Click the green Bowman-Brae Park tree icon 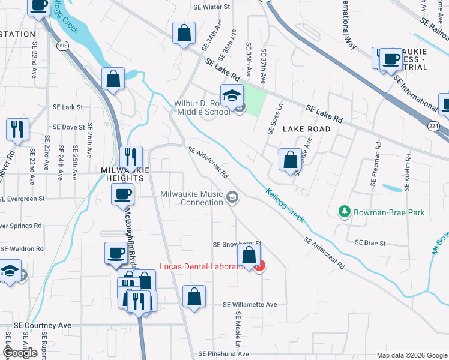345,212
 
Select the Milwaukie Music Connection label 192,198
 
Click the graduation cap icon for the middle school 232,95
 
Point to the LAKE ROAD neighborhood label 306,129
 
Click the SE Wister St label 212,7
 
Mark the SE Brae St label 370,243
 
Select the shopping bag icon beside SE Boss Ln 291,160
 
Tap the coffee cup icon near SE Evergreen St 123,194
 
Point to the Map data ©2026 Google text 411,355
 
